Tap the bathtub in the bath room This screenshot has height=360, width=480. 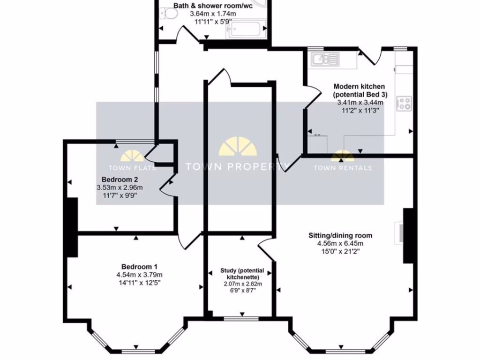(247, 29)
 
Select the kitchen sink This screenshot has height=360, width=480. (325, 59)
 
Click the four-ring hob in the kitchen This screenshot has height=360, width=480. (404, 104)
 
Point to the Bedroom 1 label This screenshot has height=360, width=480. (139, 267)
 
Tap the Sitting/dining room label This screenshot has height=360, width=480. (340, 235)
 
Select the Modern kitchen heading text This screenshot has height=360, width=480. (359, 86)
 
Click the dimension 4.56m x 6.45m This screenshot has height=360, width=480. (340, 244)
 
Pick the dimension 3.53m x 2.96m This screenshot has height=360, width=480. (120, 187)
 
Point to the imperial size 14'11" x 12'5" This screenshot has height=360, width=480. (139, 283)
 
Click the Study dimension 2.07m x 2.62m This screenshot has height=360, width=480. (242, 284)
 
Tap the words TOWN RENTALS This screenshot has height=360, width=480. (343, 168)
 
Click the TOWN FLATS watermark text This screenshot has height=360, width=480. (132, 168)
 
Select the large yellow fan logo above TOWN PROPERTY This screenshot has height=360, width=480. (238, 146)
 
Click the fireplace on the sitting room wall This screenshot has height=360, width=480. (399, 233)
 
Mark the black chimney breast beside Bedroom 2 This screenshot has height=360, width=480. (72, 227)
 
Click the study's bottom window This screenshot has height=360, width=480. (241, 319)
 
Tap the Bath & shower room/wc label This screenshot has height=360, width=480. (213, 6)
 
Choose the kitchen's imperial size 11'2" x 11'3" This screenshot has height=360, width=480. (360, 110)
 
